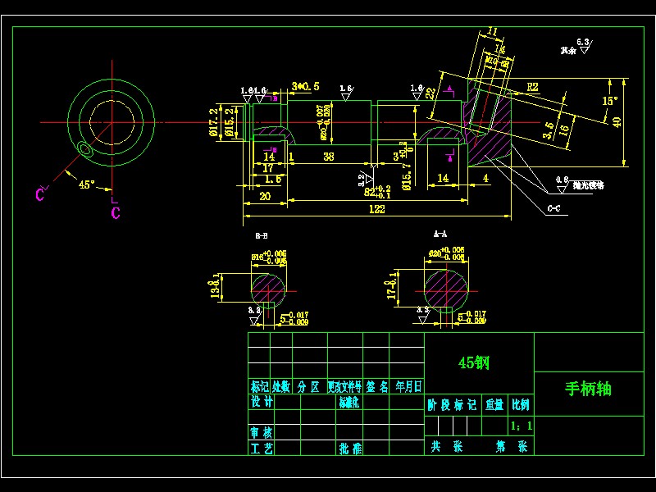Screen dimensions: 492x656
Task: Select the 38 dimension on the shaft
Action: click(329, 156)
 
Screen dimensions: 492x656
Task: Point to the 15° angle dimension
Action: click(609, 101)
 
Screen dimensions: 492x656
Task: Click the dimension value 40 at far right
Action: click(617, 121)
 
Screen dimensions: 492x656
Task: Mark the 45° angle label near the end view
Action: click(86, 184)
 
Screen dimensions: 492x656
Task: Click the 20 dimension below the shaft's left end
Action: click(264, 196)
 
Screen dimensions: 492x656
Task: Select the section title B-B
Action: click(262, 236)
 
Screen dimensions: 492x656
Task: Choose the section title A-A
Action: click(440, 235)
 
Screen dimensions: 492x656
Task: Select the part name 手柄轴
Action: click(588, 389)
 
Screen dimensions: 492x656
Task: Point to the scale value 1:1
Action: click(521, 426)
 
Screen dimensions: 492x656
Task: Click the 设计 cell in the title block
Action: click(262, 403)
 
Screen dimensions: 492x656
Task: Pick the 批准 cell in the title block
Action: click(350, 449)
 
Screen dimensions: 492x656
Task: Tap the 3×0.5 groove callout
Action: click(306, 86)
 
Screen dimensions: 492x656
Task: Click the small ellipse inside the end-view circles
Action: click(84, 148)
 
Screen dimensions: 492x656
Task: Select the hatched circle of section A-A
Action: click(448, 289)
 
